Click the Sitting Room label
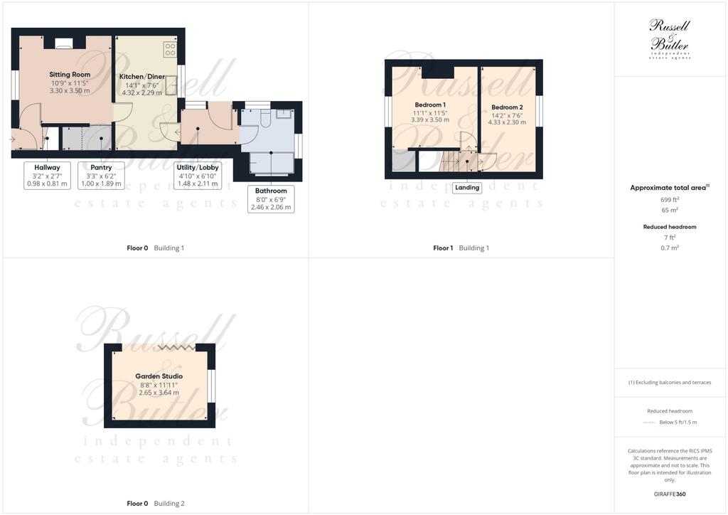tap(70, 74)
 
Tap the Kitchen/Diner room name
tap(142, 77)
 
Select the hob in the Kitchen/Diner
tap(170, 49)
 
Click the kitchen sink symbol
tap(171, 85)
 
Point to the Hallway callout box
tap(47, 175)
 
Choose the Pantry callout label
tap(101, 175)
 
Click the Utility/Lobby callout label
tap(198, 175)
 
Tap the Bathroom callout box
tap(271, 198)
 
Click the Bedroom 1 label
tap(430, 105)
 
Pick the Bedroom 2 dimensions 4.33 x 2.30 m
tap(507, 122)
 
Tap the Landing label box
tap(467, 188)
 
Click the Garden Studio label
tap(159, 376)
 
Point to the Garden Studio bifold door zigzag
tap(176, 347)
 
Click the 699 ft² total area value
tap(670, 200)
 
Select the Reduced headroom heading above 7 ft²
tap(670, 227)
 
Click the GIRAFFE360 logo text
tap(670, 494)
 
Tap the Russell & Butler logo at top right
tap(670, 39)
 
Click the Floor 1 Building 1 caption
tap(461, 248)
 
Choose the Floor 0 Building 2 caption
tap(156, 504)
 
